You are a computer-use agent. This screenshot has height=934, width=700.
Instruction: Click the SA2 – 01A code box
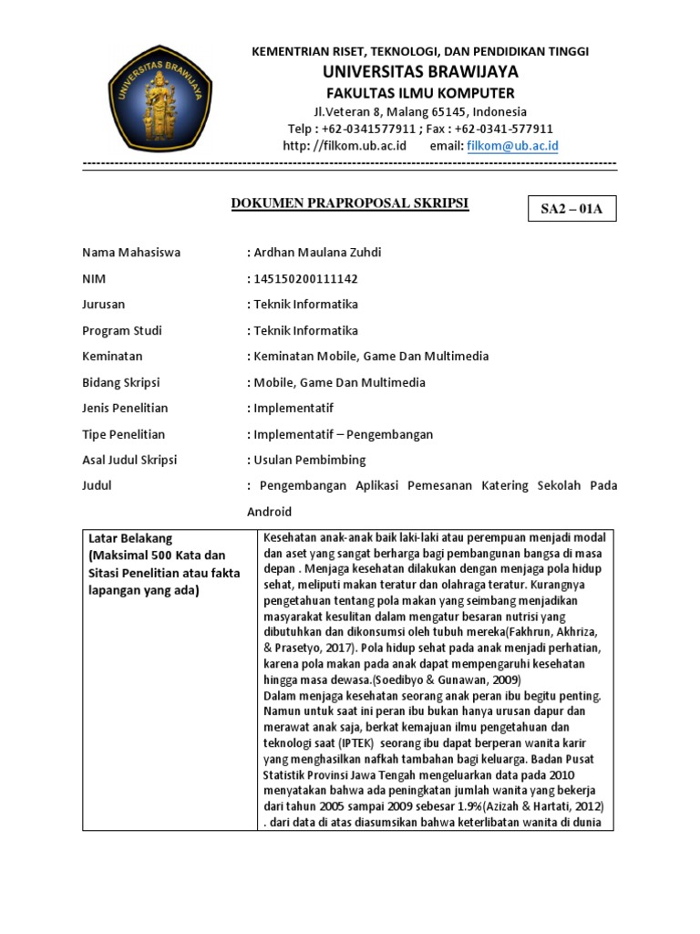[571, 209]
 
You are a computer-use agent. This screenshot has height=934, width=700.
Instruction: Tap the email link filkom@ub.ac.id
[512, 146]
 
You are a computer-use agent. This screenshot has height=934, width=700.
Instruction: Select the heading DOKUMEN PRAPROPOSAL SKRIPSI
[350, 203]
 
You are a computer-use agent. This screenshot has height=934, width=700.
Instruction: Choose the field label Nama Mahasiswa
[131, 253]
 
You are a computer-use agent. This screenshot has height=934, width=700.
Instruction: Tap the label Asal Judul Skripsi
[130, 460]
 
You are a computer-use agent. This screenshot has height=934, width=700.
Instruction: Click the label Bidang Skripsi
[120, 382]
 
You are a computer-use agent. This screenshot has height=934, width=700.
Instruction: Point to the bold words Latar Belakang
[131, 538]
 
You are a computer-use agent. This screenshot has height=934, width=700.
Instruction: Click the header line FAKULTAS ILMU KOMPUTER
[420, 93]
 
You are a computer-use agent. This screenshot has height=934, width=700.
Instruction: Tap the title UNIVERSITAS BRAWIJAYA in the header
[420, 71]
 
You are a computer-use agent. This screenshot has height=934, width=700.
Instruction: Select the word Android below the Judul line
[270, 511]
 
